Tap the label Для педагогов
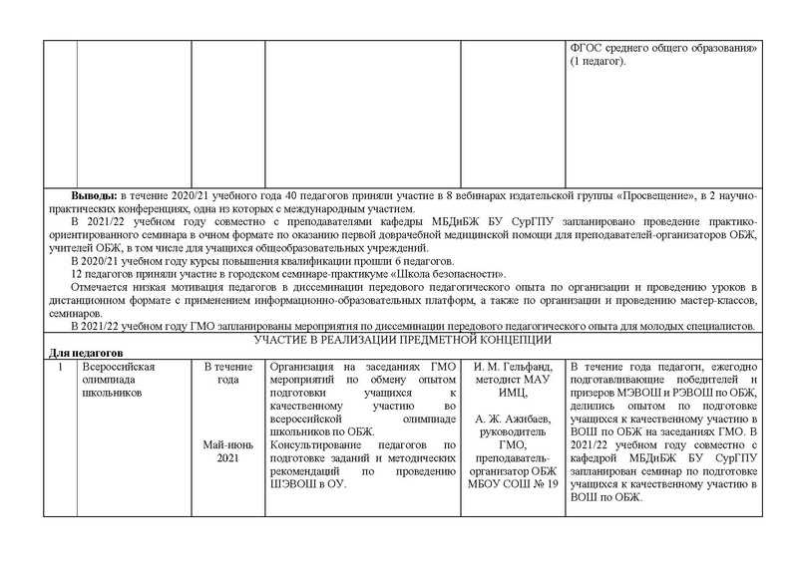(86, 353)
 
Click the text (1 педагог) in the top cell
(598, 63)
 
